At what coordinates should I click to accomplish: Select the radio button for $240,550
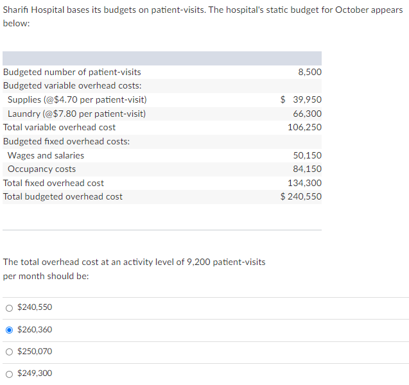[x=9, y=307]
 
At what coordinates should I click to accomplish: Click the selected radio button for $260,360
[x=9, y=330]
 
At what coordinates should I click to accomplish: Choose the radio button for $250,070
[x=9, y=352]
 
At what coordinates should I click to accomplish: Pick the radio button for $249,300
[x=9, y=373]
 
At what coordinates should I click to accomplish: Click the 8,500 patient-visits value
[x=309, y=72]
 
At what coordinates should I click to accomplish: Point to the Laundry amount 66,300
[x=307, y=114]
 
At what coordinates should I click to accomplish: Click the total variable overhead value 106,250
[x=305, y=127]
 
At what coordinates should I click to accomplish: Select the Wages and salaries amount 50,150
[x=307, y=155]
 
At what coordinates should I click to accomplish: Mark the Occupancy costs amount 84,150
[x=307, y=169]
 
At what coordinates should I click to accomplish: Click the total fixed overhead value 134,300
[x=305, y=183]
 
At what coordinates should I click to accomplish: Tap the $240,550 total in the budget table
[x=301, y=196]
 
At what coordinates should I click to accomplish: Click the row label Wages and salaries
[x=46, y=155]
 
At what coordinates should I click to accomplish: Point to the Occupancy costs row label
[x=42, y=169]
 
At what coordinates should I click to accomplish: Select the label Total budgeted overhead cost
[x=63, y=196]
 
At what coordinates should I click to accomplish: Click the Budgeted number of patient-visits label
[x=72, y=72]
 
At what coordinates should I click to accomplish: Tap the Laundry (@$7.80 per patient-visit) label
[x=76, y=114]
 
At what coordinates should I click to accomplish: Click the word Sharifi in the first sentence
[x=17, y=10]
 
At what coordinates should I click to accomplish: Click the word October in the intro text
[x=352, y=10]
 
